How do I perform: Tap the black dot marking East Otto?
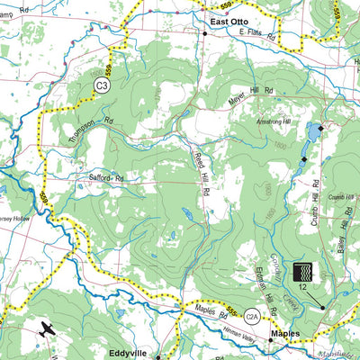[x=205, y=33]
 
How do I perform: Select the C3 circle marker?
[x=103, y=85]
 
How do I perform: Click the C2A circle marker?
[x=253, y=315]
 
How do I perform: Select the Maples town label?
[x=287, y=333]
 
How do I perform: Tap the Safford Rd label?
[x=105, y=178]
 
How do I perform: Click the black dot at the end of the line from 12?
[x=322, y=309]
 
